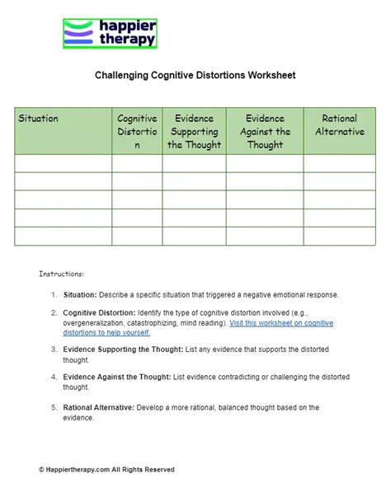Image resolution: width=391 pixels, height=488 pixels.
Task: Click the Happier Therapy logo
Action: pyautogui.click(x=110, y=34)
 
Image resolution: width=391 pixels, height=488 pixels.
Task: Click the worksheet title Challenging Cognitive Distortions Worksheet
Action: pyautogui.click(x=195, y=75)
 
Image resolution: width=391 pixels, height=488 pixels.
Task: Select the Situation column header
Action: pyautogui.click(x=39, y=119)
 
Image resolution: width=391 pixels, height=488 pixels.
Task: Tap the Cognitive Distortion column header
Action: pyautogui.click(x=137, y=131)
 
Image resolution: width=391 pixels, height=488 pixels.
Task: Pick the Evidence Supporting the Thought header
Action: pyautogui.click(x=194, y=131)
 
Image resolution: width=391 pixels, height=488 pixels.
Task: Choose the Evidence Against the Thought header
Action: pyautogui.click(x=264, y=131)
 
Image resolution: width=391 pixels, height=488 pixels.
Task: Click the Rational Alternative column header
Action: pyautogui.click(x=339, y=125)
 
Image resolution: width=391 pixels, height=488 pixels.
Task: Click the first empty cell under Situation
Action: pyautogui.click(x=64, y=163)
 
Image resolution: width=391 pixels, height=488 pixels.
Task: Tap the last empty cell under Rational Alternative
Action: pyautogui.click(x=339, y=236)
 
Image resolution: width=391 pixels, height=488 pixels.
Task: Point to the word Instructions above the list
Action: pyautogui.click(x=61, y=274)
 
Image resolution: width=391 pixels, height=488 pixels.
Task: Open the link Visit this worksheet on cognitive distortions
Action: pyautogui.click(x=281, y=323)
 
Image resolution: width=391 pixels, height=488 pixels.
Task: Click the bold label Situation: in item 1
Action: pyautogui.click(x=80, y=294)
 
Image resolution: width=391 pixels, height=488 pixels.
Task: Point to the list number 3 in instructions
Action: pyautogui.click(x=53, y=350)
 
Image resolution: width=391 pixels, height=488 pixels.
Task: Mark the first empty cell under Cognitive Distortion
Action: pyautogui.click(x=137, y=163)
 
